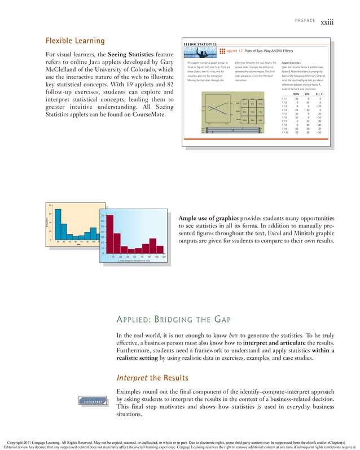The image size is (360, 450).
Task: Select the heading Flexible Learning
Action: coord(75,41)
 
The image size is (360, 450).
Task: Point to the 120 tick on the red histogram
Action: coord(163,257)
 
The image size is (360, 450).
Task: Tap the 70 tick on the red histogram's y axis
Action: coord(102,216)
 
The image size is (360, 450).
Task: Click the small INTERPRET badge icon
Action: coord(95,402)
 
